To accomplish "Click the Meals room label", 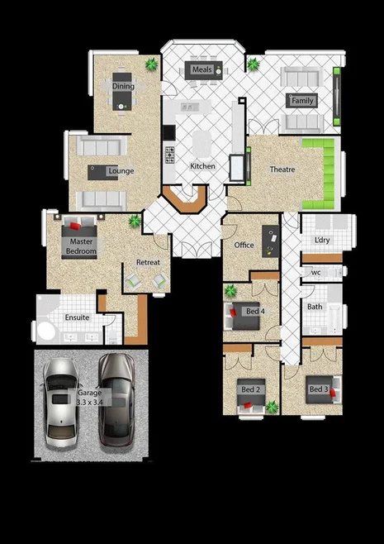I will (x=202, y=70).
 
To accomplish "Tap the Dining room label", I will (x=123, y=86).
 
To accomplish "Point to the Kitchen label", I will (x=202, y=166).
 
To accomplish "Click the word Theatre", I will (x=283, y=170).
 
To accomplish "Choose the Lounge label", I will (x=121, y=172).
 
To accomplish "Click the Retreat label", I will (x=148, y=263).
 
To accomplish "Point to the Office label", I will (x=244, y=246).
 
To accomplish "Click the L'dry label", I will (x=322, y=241).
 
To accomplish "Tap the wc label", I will (x=315, y=273).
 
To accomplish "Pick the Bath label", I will (x=315, y=307).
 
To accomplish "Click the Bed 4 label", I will (x=255, y=312).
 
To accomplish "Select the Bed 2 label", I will (x=250, y=389).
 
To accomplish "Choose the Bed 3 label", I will (x=319, y=389).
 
